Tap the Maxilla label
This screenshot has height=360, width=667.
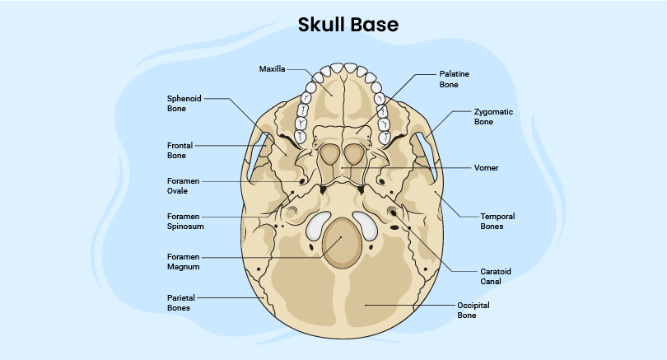[x=272, y=69]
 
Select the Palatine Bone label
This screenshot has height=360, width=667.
[x=454, y=79]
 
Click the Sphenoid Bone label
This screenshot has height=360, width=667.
[x=184, y=102]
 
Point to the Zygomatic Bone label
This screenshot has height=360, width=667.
[x=494, y=116]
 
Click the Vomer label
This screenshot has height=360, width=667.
[x=486, y=167]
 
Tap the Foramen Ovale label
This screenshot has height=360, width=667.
[x=183, y=185]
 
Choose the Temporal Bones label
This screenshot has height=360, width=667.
[x=497, y=221]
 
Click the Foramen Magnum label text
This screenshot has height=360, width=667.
[x=184, y=261]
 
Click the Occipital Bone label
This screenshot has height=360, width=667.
[x=473, y=310]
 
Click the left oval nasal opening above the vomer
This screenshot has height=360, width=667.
[x=329, y=153]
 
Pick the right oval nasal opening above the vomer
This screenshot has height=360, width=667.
[x=355, y=153]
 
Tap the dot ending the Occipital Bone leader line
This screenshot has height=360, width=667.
[x=367, y=305]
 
